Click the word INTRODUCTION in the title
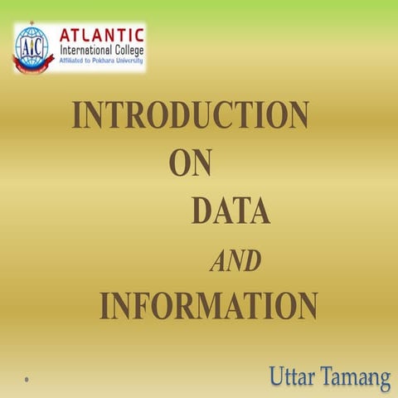191,115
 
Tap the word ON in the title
190,163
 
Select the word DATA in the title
231,211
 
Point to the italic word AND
235,262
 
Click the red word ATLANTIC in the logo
101,35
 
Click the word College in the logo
123,51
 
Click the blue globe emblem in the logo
33,43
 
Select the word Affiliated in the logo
72,62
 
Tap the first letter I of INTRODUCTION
77,115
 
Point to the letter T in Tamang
328,379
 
